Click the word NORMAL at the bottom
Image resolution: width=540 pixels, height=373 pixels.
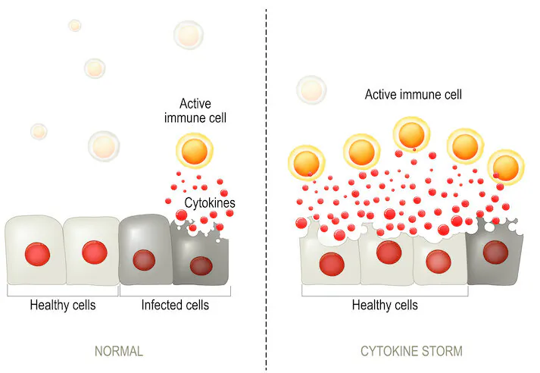point(119,351)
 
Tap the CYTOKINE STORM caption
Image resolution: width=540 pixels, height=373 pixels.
point(411,351)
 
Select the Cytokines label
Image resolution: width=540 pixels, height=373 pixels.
point(210,202)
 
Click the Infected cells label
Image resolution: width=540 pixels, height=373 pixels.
point(175,305)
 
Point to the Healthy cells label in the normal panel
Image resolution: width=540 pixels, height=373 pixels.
point(63,305)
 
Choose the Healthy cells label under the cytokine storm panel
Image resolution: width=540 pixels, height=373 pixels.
point(385,305)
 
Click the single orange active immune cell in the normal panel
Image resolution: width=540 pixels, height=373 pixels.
point(195,151)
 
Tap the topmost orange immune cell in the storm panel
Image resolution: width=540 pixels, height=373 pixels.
point(411,134)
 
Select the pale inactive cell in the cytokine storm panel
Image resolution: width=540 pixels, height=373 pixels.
point(312,90)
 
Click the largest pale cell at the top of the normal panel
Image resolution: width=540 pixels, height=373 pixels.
point(189,35)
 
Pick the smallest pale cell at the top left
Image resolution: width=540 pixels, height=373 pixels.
point(75,26)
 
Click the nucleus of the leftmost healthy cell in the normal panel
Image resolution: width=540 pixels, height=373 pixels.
point(38,254)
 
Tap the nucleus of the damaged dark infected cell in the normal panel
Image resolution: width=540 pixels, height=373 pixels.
point(201,266)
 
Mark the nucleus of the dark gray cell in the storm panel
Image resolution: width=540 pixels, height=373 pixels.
point(495,252)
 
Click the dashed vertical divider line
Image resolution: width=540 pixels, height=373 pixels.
point(266,190)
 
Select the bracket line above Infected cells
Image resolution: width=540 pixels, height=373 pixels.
point(175,296)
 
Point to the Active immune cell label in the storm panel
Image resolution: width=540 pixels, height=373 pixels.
point(414,95)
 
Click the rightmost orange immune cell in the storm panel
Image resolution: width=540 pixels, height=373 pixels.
point(506,168)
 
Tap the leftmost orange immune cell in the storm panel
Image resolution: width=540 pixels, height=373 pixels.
point(307,163)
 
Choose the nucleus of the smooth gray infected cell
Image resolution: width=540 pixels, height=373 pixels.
point(144,260)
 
